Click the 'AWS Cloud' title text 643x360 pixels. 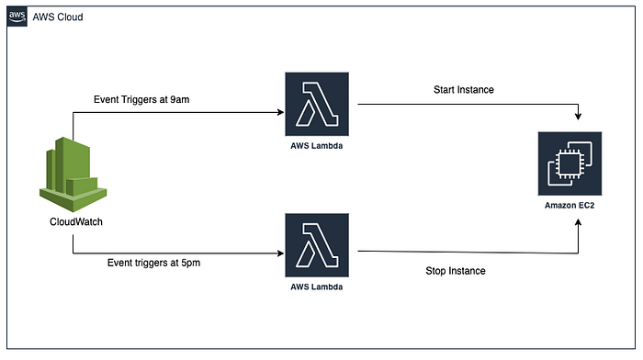coord(59,17)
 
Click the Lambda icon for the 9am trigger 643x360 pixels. coord(317,105)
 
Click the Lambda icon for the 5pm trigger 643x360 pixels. coord(317,245)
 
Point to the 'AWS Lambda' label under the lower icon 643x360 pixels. coord(317,287)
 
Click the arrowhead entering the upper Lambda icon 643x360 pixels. coord(280,113)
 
